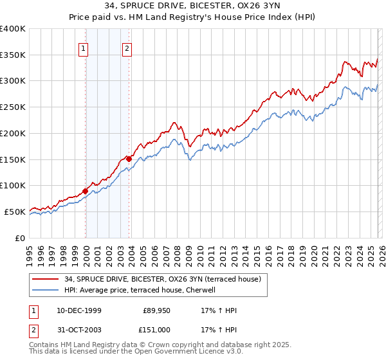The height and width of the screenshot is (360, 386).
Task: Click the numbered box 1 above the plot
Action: pos(84,47)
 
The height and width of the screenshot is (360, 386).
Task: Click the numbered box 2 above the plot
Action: pos(127,47)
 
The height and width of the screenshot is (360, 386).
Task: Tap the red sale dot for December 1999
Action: pos(86,190)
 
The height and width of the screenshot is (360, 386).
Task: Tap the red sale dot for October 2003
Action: pos(129,159)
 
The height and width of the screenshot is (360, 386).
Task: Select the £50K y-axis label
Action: pos(15,212)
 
